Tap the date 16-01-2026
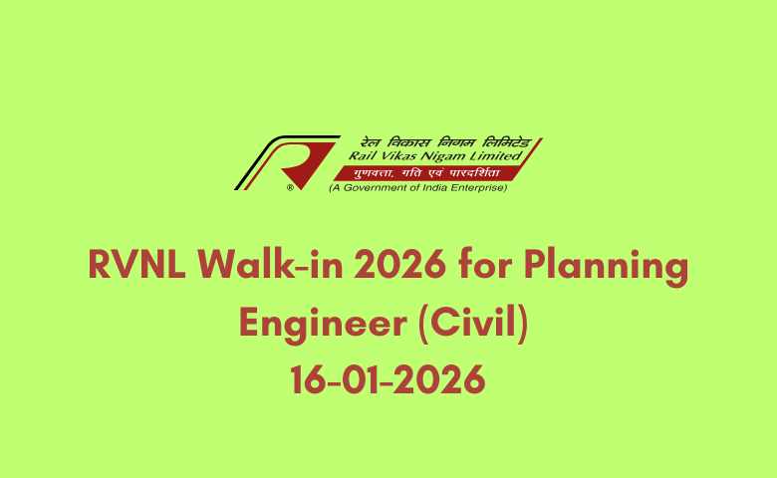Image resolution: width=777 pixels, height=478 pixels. [388, 378]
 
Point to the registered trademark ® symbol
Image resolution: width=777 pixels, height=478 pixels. [290, 186]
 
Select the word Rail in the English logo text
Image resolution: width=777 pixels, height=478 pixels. [362, 156]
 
